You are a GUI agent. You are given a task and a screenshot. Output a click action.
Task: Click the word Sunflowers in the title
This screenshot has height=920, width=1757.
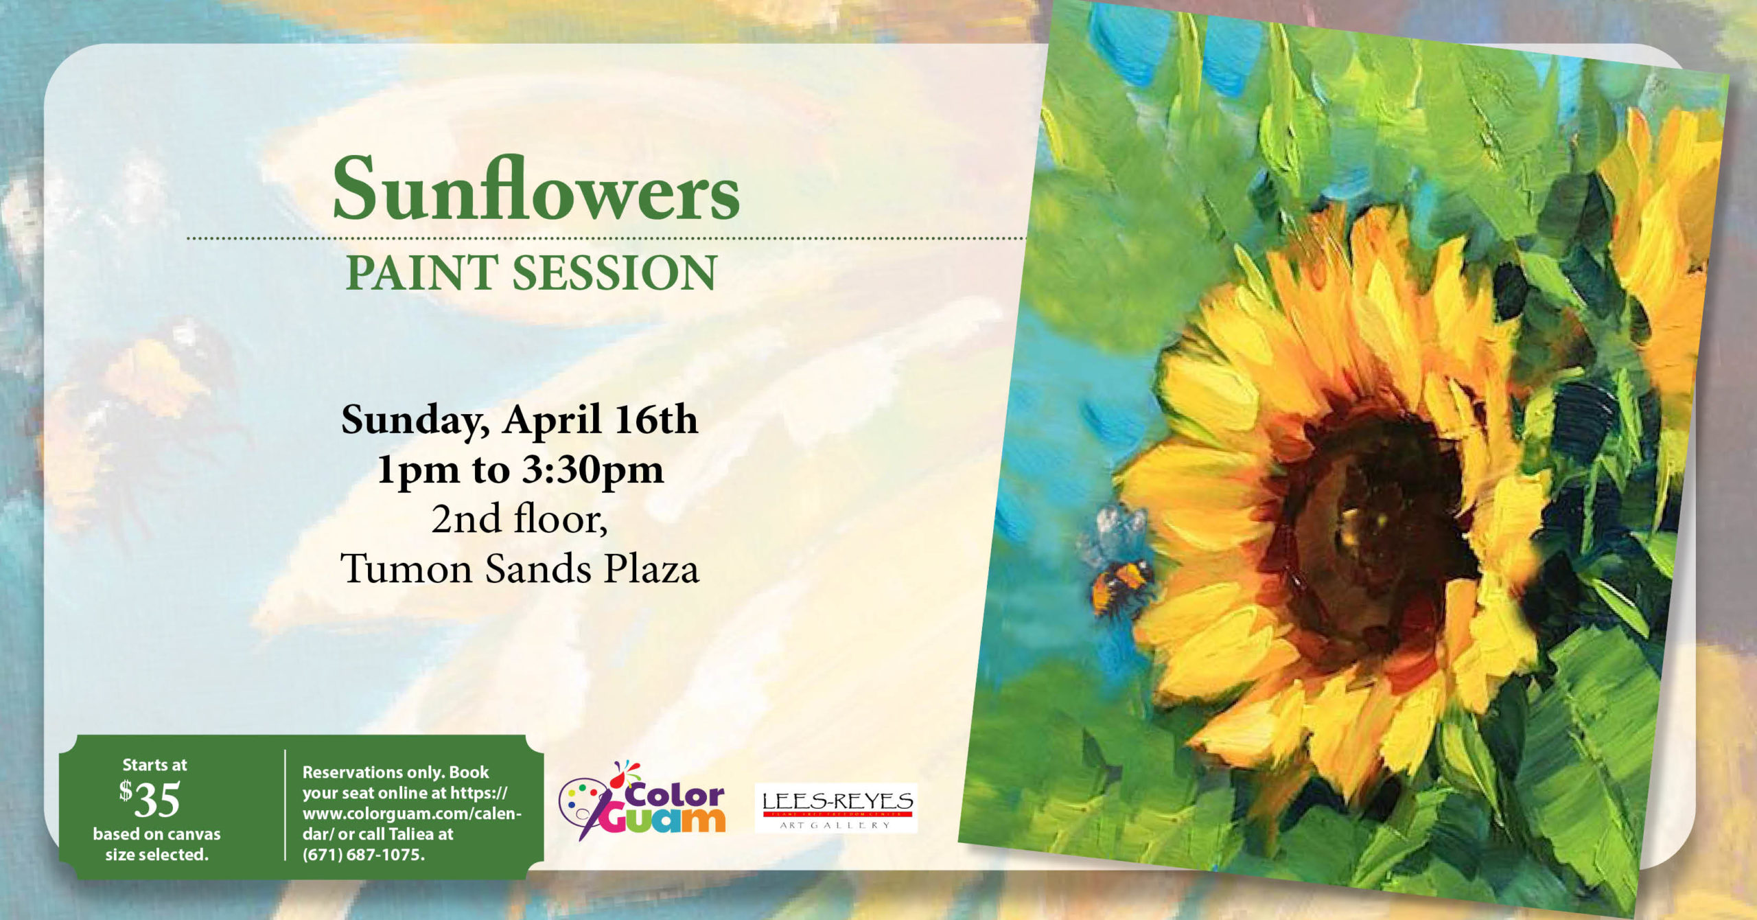click(536, 188)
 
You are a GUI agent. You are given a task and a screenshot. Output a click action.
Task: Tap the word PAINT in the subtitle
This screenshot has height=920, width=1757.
click(421, 273)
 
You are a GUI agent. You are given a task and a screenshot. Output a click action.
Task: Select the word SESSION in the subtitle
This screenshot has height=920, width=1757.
click(614, 273)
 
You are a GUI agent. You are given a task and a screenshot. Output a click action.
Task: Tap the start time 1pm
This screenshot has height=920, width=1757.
click(419, 470)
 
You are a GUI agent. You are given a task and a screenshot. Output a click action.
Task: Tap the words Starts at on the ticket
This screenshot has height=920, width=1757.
click(154, 765)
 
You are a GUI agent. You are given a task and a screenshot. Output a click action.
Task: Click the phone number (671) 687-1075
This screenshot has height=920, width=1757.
click(364, 855)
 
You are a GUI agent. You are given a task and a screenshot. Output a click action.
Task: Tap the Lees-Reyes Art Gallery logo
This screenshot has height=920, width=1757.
click(837, 809)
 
